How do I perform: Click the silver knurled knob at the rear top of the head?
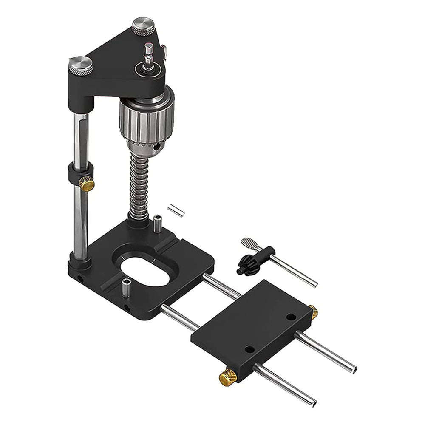pyautogui.click(x=143, y=26)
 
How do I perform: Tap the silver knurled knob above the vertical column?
pyautogui.click(x=80, y=65)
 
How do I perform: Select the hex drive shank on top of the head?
pyautogui.click(x=148, y=55)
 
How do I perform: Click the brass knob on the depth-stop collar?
pyautogui.click(x=87, y=184)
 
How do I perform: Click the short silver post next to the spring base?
pyautogui.click(x=158, y=224)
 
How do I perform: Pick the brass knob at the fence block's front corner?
pyautogui.click(x=228, y=377)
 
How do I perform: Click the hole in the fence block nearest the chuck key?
pyautogui.click(x=291, y=317)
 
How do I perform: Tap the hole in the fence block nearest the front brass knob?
pyautogui.click(x=250, y=349)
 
